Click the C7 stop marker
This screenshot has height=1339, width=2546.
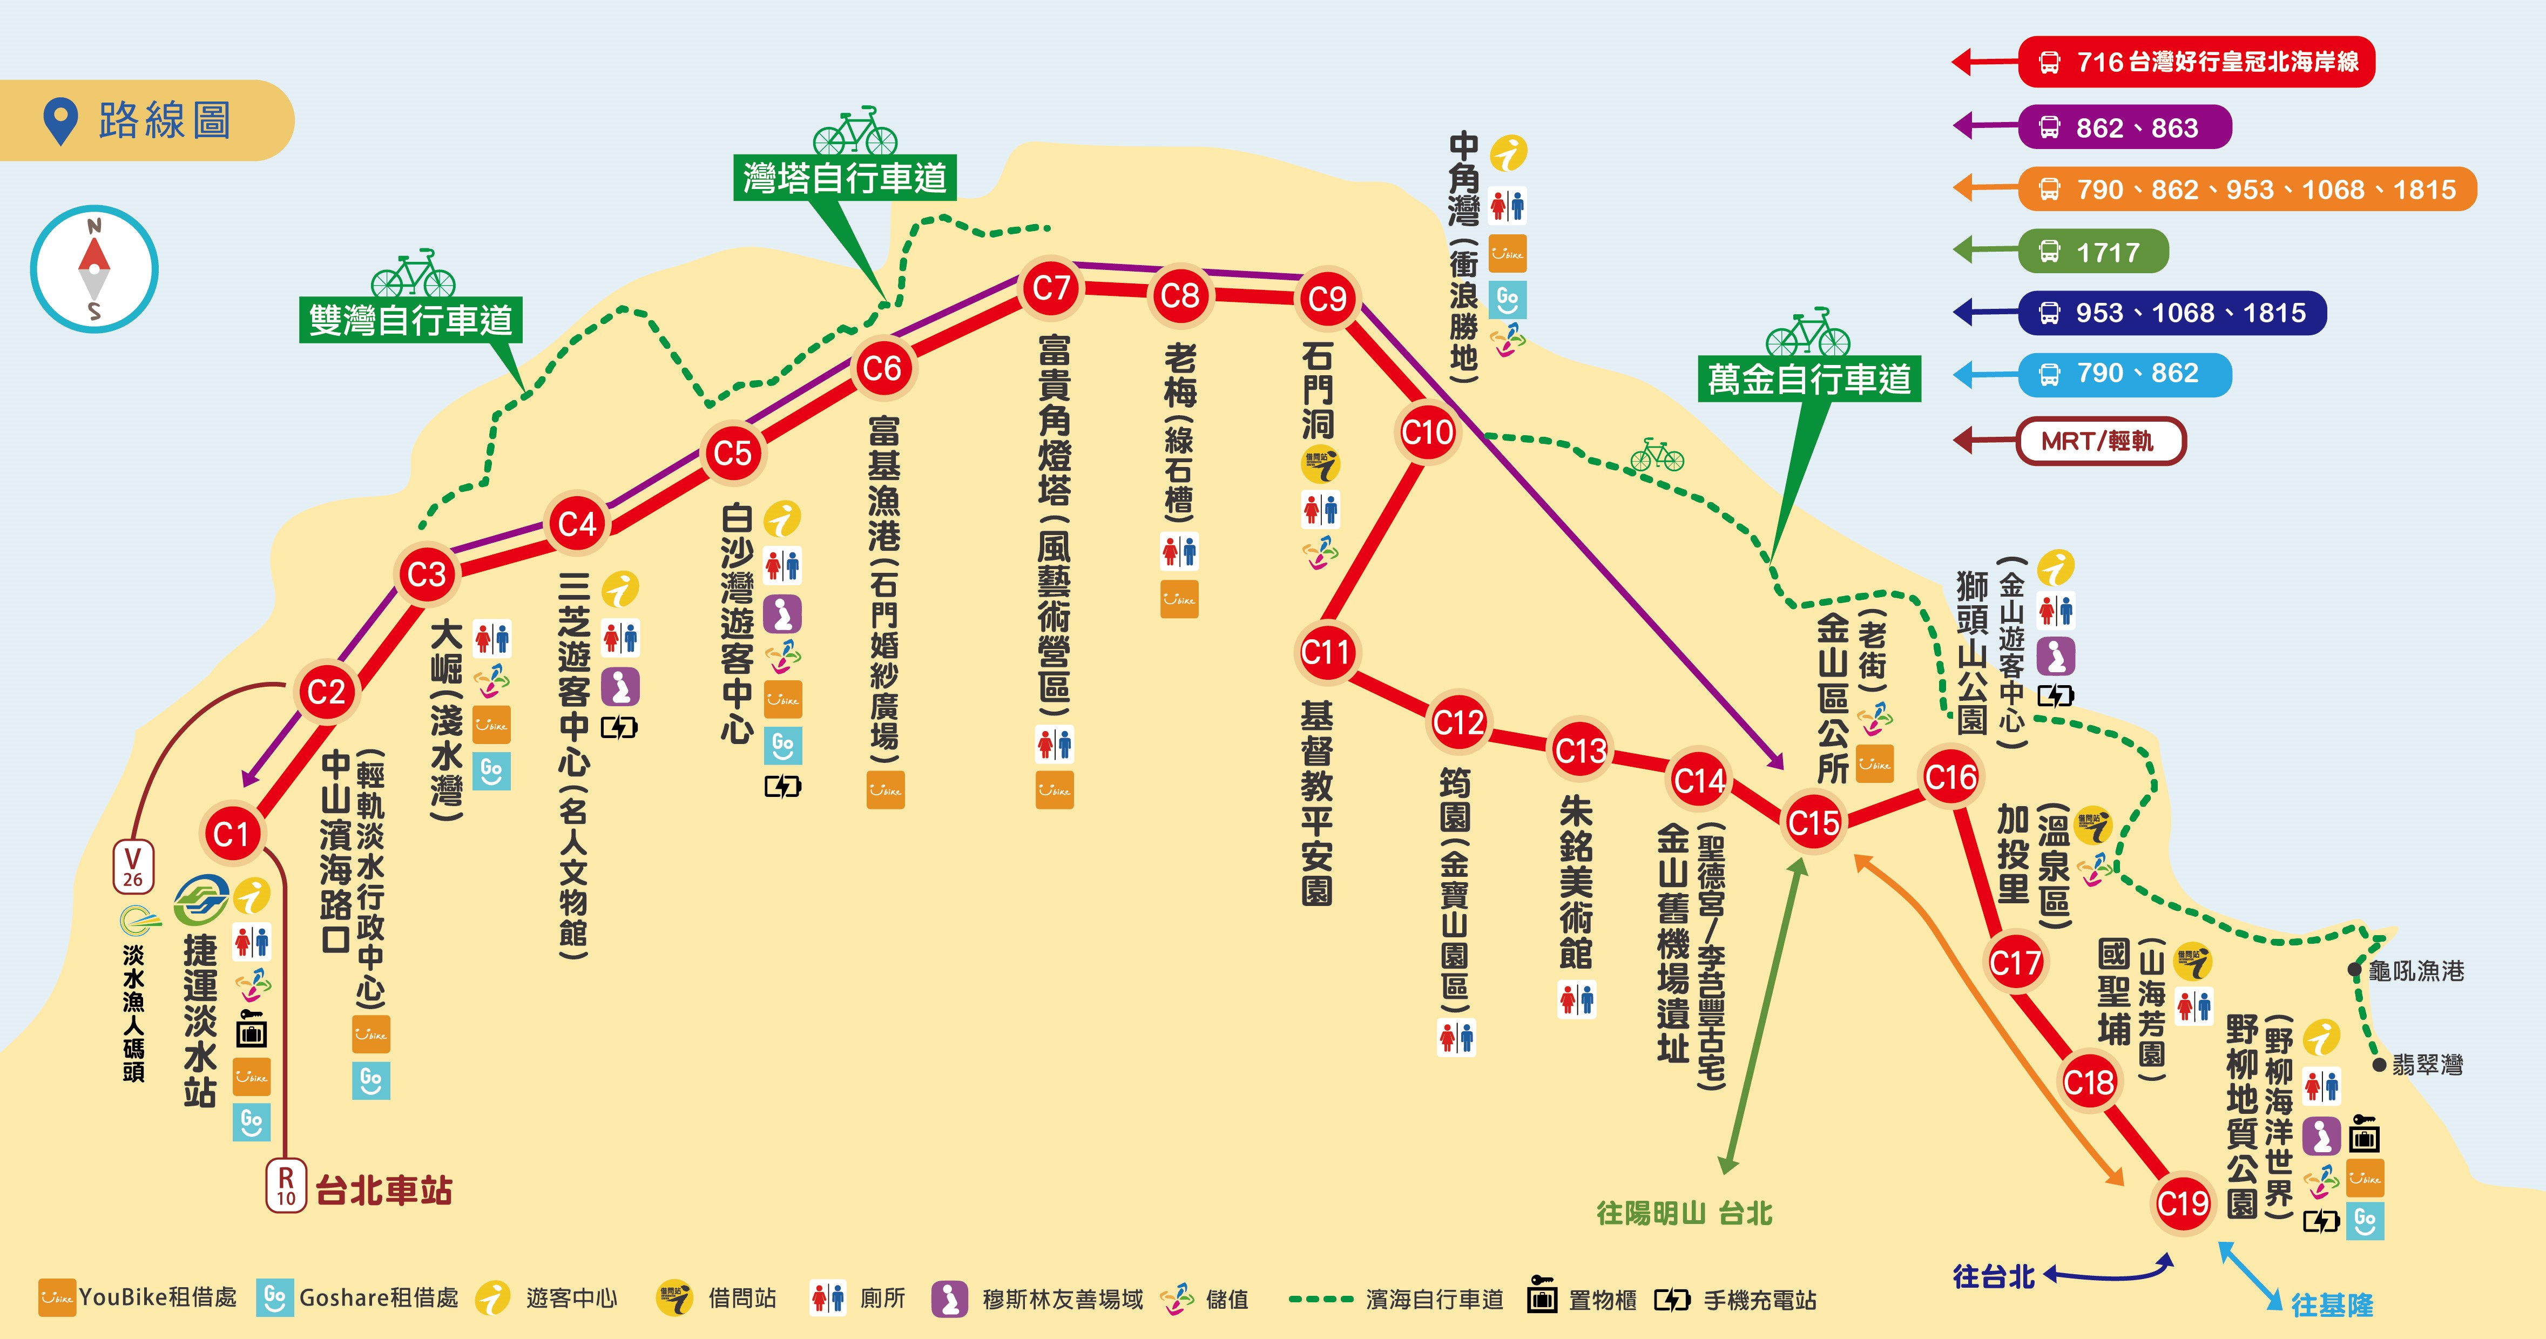click(x=1051, y=288)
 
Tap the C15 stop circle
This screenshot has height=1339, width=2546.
click(x=1814, y=822)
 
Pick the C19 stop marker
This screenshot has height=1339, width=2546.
click(x=2182, y=1202)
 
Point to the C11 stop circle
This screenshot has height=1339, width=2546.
click(x=1326, y=652)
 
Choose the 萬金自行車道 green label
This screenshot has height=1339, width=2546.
click(x=1809, y=378)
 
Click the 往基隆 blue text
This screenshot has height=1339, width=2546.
click(x=2332, y=1306)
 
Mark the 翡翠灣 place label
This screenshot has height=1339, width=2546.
click(x=2427, y=1065)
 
